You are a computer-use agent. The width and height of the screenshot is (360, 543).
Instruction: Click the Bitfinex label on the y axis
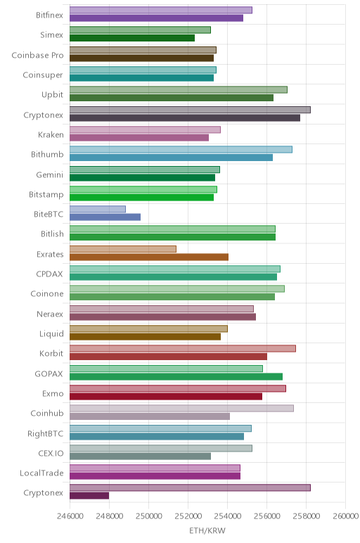click(x=49, y=15)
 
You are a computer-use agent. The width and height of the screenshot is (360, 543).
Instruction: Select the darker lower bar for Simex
click(x=132, y=38)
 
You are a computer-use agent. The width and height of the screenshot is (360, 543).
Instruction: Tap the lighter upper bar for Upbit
click(x=179, y=90)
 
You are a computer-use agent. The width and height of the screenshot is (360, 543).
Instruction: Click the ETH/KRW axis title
click(x=207, y=530)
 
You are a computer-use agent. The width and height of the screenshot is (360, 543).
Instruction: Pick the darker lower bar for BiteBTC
click(x=105, y=217)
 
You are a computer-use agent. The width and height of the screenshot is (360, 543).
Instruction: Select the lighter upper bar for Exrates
click(x=123, y=249)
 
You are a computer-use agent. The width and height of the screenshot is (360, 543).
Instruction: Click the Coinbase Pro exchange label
click(x=37, y=56)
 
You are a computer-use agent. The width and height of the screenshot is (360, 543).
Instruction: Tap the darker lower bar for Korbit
click(x=168, y=357)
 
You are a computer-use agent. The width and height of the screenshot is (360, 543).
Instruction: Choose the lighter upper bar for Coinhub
click(x=181, y=408)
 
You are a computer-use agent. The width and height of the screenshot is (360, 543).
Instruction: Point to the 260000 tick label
click(x=345, y=516)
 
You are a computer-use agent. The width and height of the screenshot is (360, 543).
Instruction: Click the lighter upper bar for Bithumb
click(x=181, y=150)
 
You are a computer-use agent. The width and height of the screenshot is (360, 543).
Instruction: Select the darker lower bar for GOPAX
click(x=176, y=377)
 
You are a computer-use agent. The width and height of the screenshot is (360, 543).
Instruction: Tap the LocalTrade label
click(x=41, y=473)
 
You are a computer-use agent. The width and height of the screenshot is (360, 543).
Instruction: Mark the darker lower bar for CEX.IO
click(x=140, y=456)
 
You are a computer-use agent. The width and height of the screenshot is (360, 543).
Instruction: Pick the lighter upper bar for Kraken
click(x=145, y=129)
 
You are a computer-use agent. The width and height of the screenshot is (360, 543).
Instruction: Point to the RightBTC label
click(x=45, y=433)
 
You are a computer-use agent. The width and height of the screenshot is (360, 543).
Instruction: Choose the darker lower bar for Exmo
click(x=166, y=397)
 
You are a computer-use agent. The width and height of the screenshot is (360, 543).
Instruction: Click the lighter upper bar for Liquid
click(x=148, y=328)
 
